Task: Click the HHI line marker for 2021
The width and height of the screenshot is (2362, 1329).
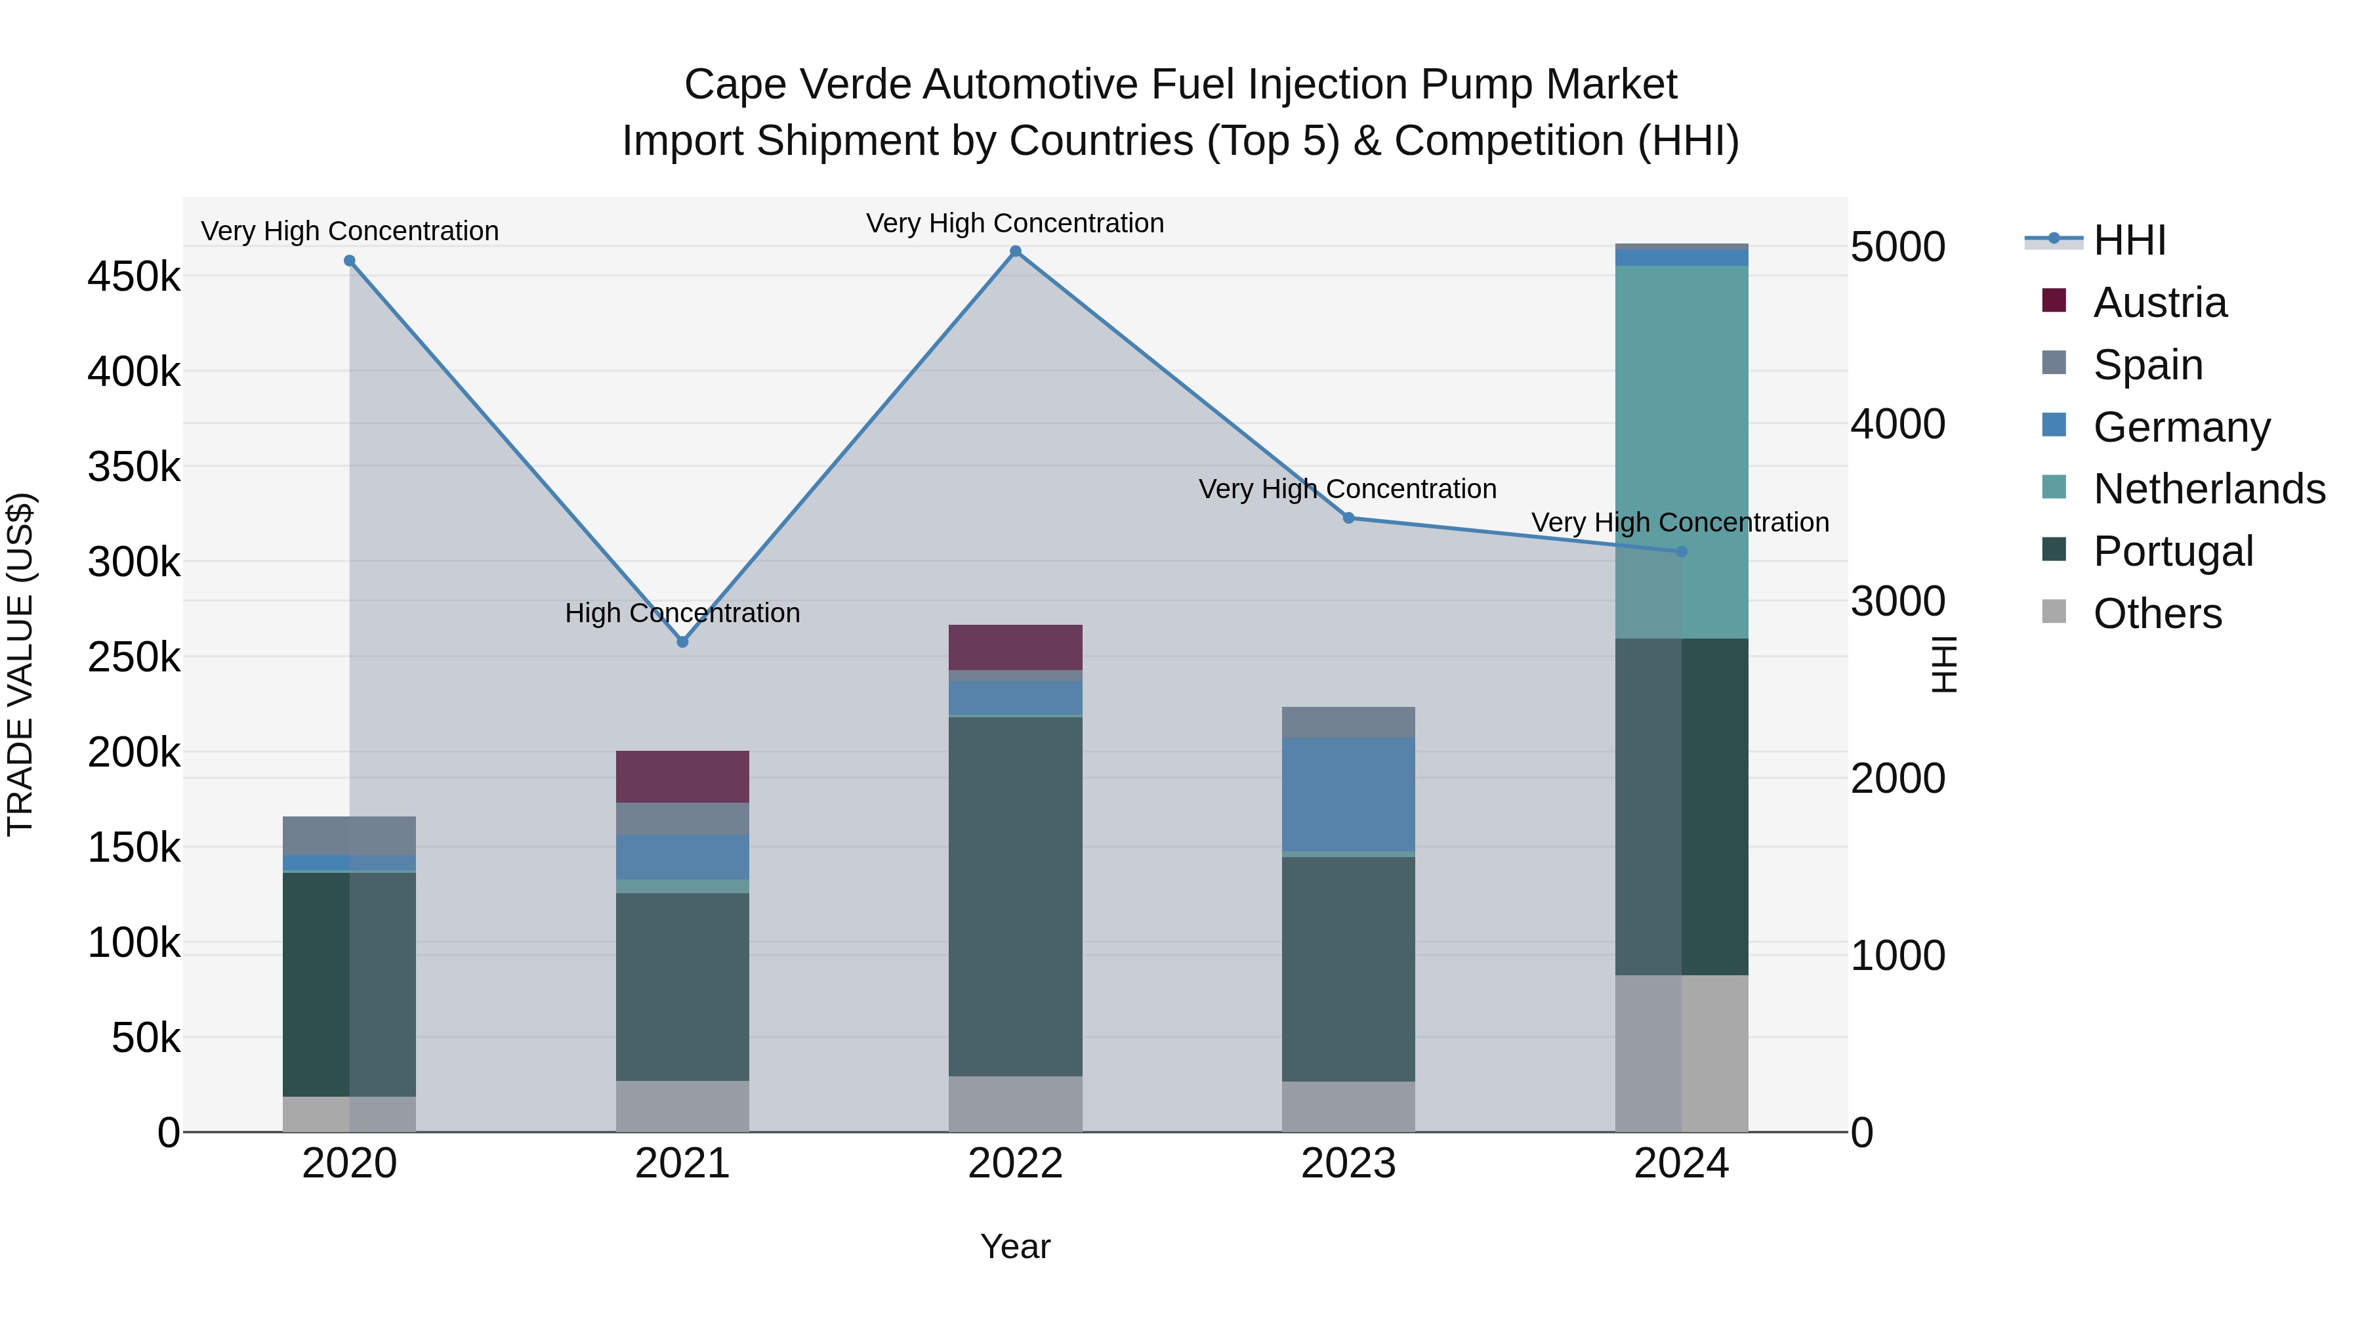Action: coord(682,642)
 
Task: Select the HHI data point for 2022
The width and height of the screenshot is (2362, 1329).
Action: coord(1015,251)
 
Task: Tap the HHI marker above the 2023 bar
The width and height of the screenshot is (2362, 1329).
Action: coord(1348,518)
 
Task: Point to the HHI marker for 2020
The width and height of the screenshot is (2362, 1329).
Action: coord(349,261)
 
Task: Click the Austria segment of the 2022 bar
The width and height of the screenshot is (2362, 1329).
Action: coord(1015,648)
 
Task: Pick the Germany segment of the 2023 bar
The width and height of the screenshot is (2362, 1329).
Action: coord(1348,794)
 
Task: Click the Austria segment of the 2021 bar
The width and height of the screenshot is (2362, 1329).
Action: coord(682,777)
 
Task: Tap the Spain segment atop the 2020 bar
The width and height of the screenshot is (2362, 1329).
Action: coord(349,835)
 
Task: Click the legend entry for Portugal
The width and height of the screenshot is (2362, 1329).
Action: coord(2173,551)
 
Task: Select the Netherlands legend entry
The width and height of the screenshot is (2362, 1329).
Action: coord(2208,489)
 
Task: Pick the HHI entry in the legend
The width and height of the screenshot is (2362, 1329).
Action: coord(2129,240)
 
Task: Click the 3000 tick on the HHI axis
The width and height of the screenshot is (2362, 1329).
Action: coord(1897,602)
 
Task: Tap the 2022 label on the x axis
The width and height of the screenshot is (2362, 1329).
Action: coord(1015,1164)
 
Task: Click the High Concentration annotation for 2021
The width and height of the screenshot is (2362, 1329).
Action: coord(682,613)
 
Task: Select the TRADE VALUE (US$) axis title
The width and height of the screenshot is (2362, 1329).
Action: coord(20,664)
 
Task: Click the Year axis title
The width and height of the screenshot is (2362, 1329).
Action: coord(1015,1246)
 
